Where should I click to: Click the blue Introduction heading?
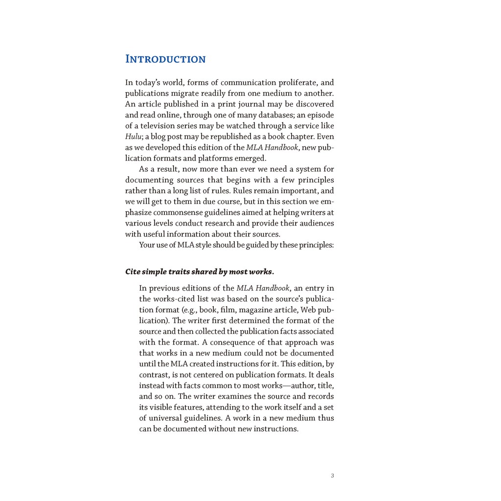tap(165, 59)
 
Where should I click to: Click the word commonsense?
tap(178, 212)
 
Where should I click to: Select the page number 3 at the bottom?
tap(333, 476)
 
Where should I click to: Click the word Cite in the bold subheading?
tap(133, 272)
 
